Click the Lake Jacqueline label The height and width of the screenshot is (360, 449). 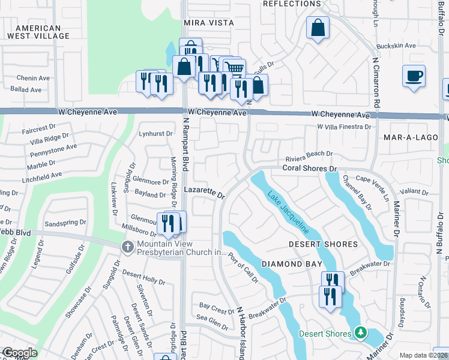[288, 213]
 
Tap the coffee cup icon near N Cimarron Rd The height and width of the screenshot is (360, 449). [414, 77]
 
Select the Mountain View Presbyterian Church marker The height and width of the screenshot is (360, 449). [127, 247]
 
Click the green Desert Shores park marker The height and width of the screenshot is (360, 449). [360, 332]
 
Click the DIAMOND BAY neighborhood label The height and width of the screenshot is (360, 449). [285, 264]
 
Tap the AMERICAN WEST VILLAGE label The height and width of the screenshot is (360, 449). [38, 32]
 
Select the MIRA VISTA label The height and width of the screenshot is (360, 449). [208, 22]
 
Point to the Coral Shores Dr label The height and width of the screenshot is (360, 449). [310, 170]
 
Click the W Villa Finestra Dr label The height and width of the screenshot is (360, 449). [344, 127]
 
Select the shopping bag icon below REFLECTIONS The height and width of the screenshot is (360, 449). [318, 28]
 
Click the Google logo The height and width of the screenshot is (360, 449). [19, 353]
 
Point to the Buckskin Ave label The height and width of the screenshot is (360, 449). [396, 46]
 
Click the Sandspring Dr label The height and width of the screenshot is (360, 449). [66, 223]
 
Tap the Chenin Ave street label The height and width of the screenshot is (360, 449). [33, 78]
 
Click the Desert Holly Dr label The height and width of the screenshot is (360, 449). [143, 277]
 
